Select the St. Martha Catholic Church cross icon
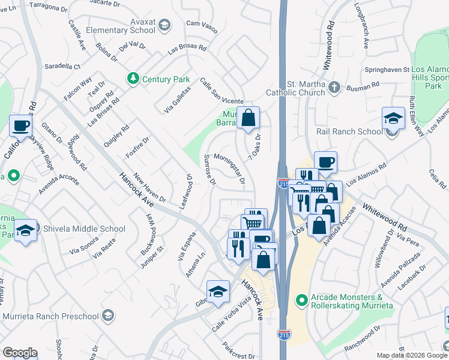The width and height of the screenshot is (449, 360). tap(335, 88)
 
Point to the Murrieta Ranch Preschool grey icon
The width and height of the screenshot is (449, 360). tap(108, 316)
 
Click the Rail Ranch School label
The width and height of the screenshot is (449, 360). tap(349, 131)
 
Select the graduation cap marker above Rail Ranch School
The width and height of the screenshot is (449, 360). tap(393, 118)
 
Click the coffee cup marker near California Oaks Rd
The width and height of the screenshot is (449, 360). tap(21, 125)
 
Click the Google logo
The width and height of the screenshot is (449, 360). tap(20, 353)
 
